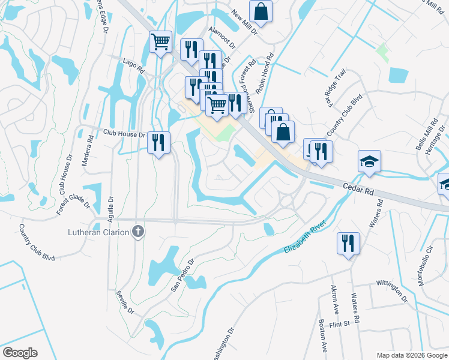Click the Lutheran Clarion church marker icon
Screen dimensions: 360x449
point(138,232)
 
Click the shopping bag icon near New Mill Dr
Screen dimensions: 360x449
point(261,11)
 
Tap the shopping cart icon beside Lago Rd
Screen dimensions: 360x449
point(160,43)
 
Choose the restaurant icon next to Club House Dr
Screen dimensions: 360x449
point(158,142)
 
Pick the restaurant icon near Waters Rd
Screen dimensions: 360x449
point(348,243)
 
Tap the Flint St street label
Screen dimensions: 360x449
point(339,325)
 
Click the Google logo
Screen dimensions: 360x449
point(19,353)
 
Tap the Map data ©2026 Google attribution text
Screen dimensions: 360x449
point(411,355)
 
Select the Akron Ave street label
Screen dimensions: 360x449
point(333,299)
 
